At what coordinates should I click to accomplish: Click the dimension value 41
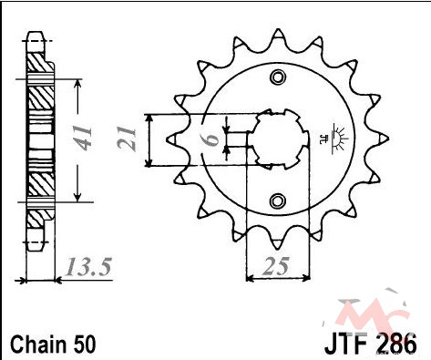coord(83,139)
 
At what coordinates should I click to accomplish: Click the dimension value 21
coord(127,139)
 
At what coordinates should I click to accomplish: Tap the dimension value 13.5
coord(88,267)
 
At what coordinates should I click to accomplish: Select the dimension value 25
coord(276,266)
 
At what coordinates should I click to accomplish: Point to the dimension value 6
coord(211,139)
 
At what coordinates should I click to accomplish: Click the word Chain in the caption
coord(38,345)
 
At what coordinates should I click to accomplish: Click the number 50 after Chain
coord(84,345)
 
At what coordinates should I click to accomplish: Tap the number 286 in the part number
coord(396,345)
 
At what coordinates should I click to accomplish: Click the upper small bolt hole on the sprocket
coord(278,77)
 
